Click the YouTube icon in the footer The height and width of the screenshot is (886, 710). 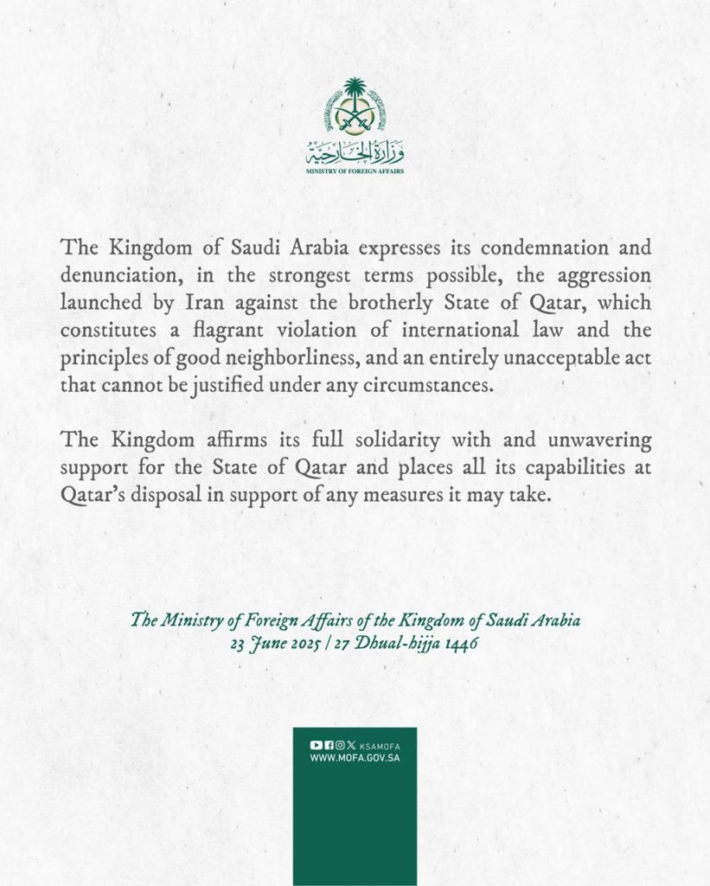tap(316, 745)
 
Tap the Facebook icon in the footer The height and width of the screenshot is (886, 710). tap(328, 745)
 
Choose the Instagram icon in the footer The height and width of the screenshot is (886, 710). tap(339, 745)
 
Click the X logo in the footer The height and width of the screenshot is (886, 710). tap(350, 745)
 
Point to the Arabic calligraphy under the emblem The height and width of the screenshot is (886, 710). tap(355, 154)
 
